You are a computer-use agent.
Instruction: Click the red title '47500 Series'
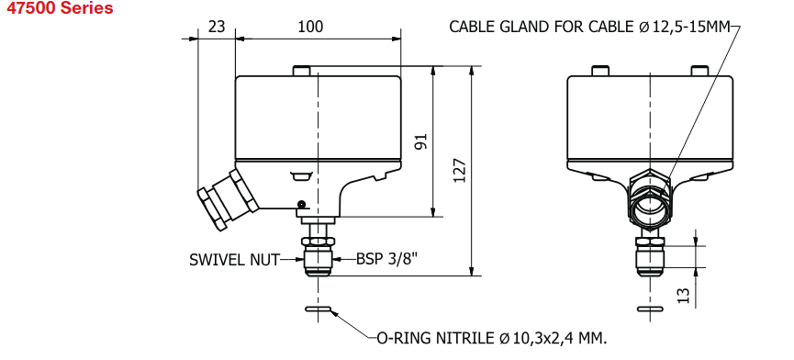[x=60, y=8]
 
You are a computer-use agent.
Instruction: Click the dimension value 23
[x=217, y=27]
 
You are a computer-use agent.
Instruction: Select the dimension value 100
[x=310, y=27]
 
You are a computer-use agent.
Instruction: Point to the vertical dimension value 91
[x=422, y=141]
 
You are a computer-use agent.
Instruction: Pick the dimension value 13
[x=683, y=296]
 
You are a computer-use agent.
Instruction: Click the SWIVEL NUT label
[x=234, y=260]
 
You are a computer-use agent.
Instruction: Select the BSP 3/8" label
[x=387, y=259]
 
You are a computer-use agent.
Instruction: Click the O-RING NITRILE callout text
[x=491, y=338]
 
